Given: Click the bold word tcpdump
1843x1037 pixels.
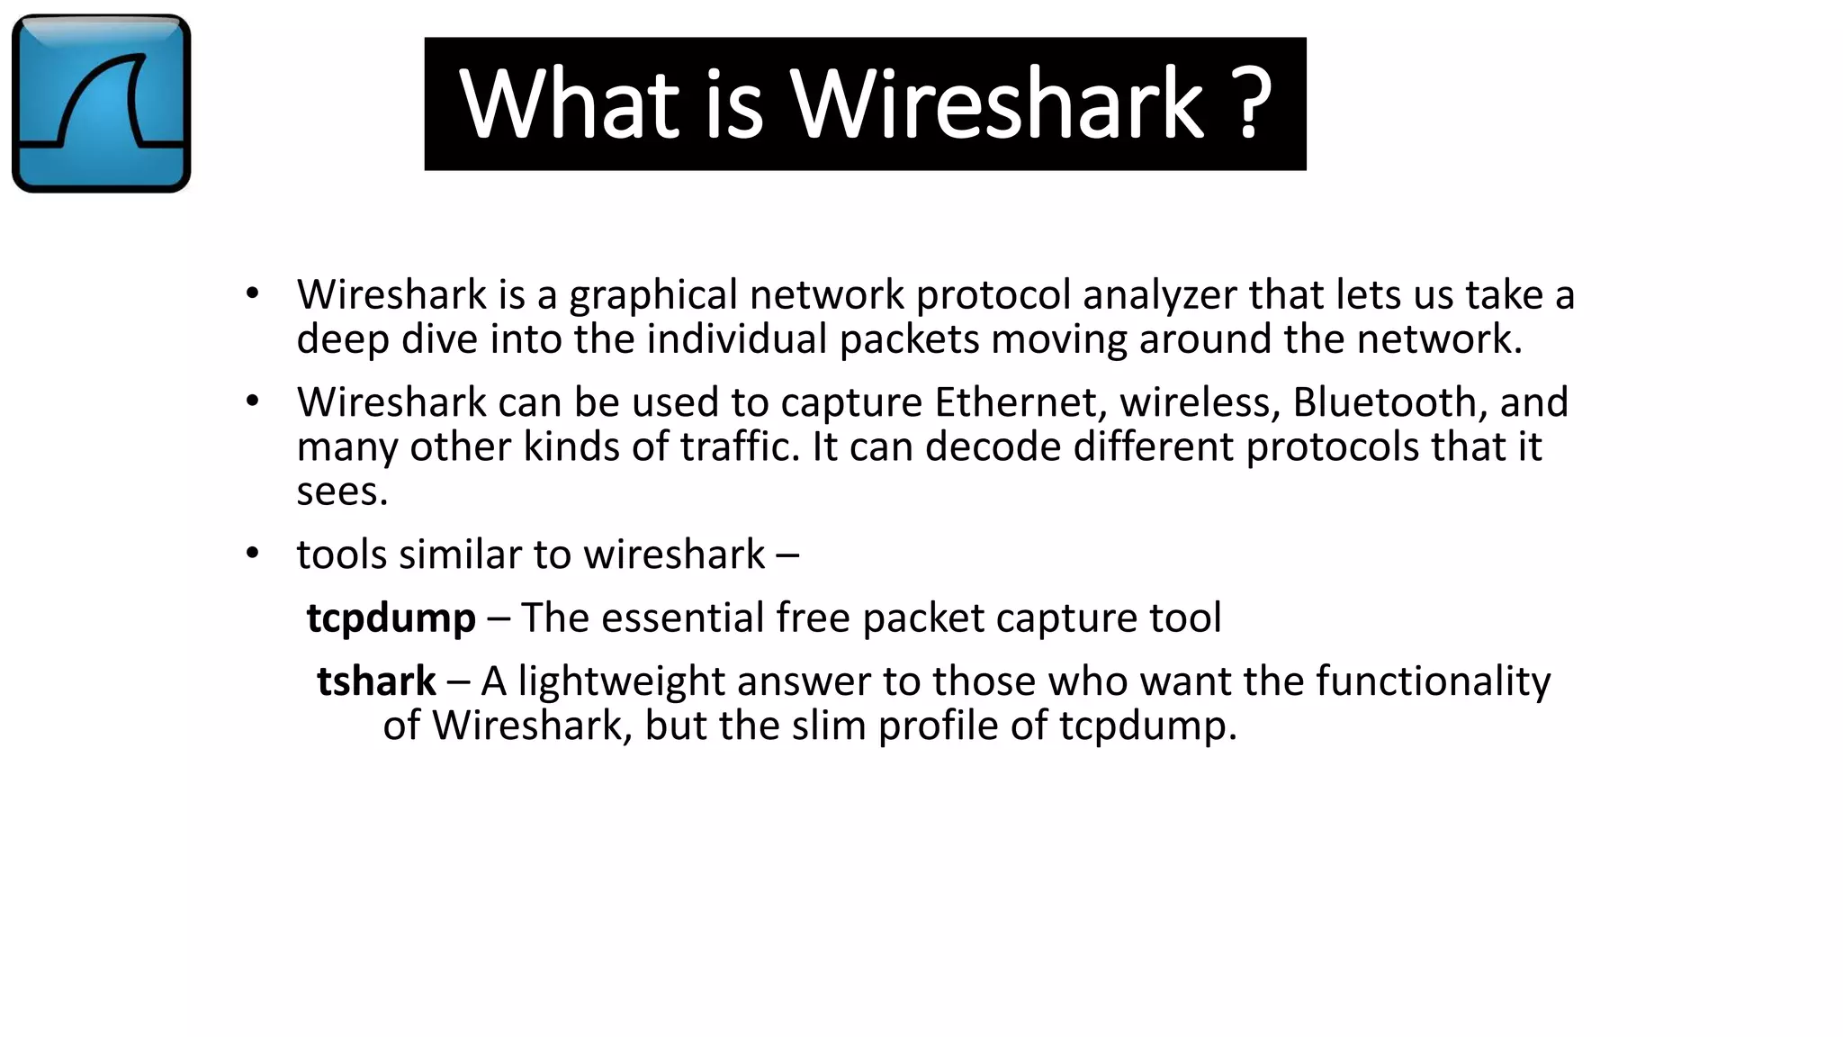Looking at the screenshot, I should (x=391, y=618).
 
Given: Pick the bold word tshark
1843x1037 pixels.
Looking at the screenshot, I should (x=376, y=681).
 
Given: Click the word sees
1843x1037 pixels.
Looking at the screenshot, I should (x=342, y=491).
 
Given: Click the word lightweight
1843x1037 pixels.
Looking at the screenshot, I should (x=621, y=681).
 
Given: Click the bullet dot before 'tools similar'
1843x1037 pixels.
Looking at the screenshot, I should (x=252, y=553).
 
